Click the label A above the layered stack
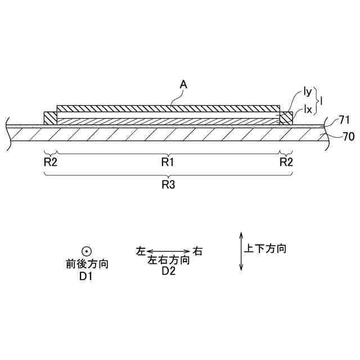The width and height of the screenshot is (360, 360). (x=183, y=84)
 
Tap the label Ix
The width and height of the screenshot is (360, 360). (x=308, y=109)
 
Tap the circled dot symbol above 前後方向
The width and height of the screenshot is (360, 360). (x=87, y=252)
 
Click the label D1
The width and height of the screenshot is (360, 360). (x=87, y=276)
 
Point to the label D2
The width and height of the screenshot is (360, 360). (x=168, y=271)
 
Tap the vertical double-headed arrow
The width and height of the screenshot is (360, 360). (x=241, y=251)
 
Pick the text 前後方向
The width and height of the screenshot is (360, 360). (x=87, y=264)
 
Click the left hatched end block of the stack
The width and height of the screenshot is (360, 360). (x=51, y=118)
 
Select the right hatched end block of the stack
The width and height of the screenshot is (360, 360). (x=286, y=118)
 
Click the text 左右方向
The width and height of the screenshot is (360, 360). (x=168, y=260)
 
